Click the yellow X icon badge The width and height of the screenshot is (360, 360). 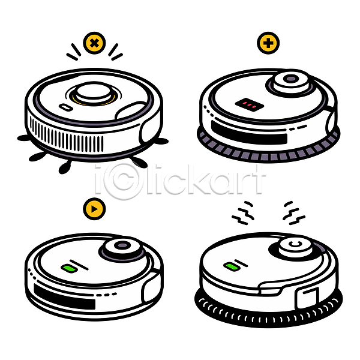coord(94,43)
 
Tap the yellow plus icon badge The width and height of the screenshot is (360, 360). coord(268,43)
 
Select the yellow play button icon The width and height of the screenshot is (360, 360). coord(94,209)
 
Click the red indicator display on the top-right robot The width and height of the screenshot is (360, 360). coord(250,105)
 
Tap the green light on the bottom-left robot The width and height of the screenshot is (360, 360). coord(70,268)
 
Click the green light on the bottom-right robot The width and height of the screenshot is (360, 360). coord(232,266)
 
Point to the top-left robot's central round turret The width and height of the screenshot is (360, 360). coord(94,92)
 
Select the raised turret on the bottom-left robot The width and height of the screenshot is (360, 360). coord(122,248)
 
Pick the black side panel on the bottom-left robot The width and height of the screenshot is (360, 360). coord(64,296)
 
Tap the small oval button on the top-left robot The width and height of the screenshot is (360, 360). coord(66,107)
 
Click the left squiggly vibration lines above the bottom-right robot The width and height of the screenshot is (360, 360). coord(243,212)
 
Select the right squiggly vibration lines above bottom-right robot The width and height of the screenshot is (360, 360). coord(294,213)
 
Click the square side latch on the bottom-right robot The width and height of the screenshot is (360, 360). coord(307,298)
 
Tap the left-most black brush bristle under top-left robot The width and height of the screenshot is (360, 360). coord(24,138)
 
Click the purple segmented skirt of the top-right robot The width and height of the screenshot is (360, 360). coord(268,149)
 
